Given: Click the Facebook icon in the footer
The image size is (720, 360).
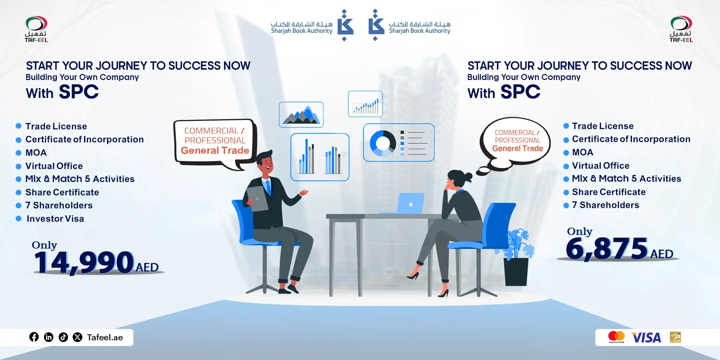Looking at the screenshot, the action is point(34,337).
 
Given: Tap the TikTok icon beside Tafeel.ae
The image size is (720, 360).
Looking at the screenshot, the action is point(63,337).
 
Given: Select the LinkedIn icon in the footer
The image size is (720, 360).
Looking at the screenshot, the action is point(49,337).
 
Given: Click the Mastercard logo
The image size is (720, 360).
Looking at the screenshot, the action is point(616,337).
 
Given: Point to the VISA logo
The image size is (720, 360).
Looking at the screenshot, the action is point(646,338).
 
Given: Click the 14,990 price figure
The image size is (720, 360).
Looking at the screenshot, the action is point(84,262).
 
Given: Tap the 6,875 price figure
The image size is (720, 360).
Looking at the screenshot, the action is point(607,248).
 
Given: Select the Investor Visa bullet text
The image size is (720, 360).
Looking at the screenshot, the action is point(55,219).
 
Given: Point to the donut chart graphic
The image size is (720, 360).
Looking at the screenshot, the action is point(383,143).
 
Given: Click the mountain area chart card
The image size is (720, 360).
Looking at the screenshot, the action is point(301,115).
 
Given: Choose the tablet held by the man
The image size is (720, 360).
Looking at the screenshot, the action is point(257,199).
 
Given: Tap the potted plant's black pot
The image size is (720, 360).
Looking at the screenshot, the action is point(516,272).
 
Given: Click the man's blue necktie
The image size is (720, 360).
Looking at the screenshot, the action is point(268,188).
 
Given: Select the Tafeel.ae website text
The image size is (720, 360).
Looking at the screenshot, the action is point(105,337).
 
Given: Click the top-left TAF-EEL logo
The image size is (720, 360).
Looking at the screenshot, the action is point(36,29).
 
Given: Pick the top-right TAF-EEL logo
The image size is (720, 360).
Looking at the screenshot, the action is point(681,29).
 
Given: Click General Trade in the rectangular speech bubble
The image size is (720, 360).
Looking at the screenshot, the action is point(215,151).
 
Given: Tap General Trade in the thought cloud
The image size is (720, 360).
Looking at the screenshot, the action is point(518,149).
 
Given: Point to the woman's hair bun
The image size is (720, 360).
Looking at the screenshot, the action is point(468,177).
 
